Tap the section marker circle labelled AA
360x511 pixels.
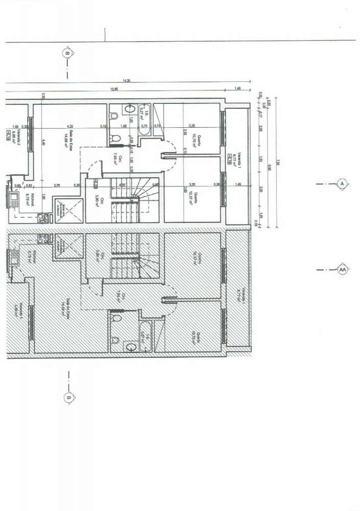pyautogui.click(x=343, y=270)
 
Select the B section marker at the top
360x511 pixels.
pyautogui.click(x=67, y=52)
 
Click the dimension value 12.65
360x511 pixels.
pyautogui.click(x=113, y=89)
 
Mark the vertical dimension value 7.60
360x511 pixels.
pyautogui.click(x=277, y=163)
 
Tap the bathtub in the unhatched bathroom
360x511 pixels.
pyautogui.click(x=144, y=126)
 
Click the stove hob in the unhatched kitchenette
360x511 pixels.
pyautogui.click(x=42, y=218)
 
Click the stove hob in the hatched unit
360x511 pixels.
pyautogui.click(x=42, y=238)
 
